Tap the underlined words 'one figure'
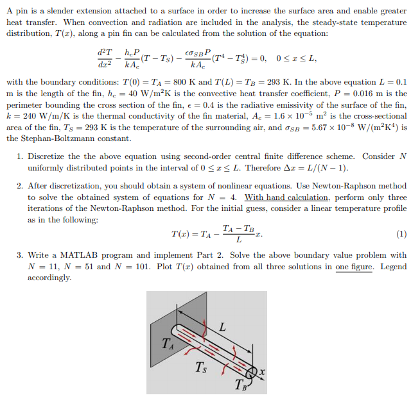(x=354, y=267)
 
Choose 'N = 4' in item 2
(x=223, y=197)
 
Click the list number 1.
(x=21, y=156)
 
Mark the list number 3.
(x=21, y=255)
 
